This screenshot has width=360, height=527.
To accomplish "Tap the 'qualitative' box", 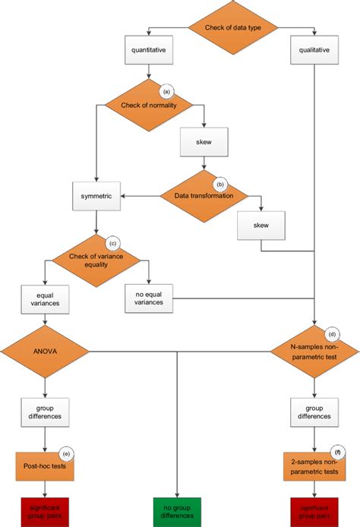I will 315,51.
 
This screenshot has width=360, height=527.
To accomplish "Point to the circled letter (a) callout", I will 166,91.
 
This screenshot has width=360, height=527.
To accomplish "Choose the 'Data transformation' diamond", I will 204,195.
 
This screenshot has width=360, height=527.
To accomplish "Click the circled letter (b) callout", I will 221,183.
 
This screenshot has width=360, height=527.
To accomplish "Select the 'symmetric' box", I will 96,195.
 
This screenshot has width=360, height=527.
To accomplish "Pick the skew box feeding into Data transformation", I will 204,142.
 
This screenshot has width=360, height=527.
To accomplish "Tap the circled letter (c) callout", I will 113,244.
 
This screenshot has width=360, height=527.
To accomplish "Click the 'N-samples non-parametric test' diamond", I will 314,351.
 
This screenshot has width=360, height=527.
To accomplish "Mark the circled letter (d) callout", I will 332,333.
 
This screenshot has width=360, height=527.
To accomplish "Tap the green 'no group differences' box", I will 177,510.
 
